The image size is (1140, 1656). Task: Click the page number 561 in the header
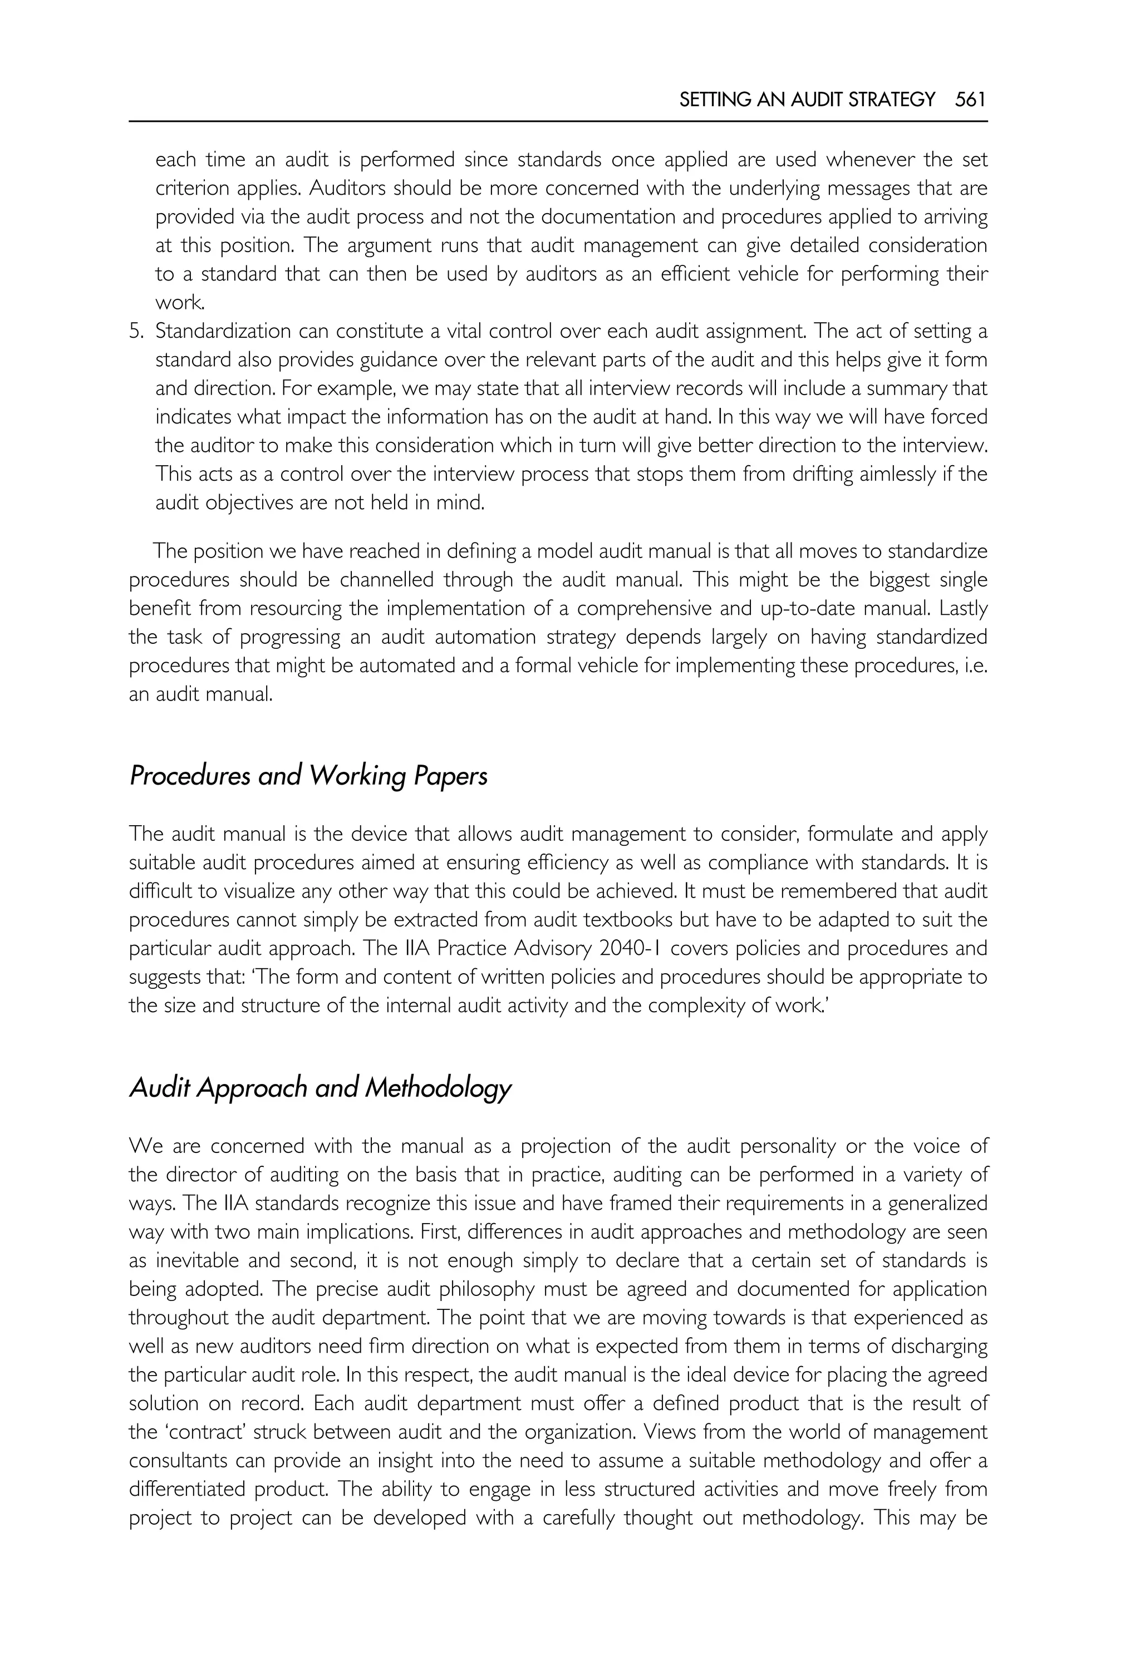click(x=970, y=100)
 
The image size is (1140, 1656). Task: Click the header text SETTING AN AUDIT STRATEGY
click(x=807, y=100)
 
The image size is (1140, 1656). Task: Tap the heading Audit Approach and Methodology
click(x=320, y=1087)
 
